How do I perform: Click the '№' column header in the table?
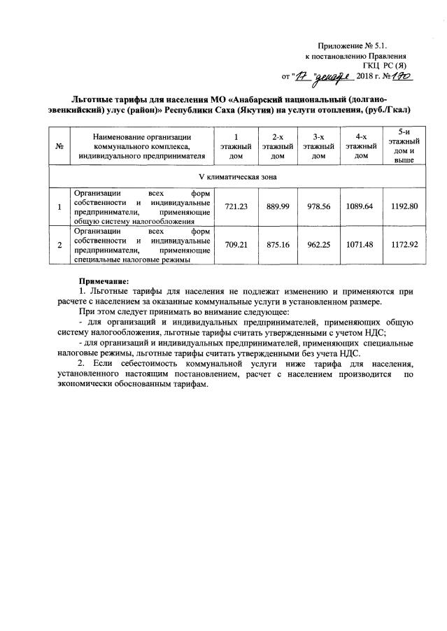pos(59,146)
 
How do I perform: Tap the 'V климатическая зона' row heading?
pos(232,177)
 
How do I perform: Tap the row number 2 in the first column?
pos(59,245)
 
